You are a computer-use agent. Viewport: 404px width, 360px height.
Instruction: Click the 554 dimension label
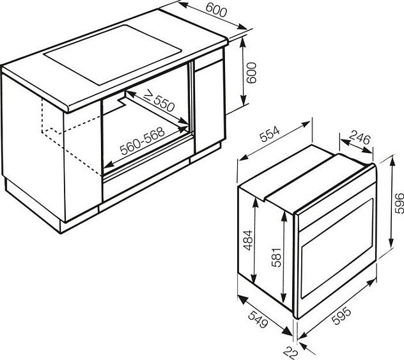[x=270, y=134]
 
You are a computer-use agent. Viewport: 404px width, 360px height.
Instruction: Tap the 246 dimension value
[x=361, y=138]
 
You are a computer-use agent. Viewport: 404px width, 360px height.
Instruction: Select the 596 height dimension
[x=399, y=203]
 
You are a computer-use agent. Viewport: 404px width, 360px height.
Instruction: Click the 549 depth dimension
[x=259, y=319]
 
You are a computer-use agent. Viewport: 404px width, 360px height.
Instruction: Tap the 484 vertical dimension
[x=248, y=240]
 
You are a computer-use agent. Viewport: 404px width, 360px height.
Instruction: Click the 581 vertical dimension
[x=276, y=257]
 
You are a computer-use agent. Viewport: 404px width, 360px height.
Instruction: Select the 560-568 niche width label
[x=142, y=141]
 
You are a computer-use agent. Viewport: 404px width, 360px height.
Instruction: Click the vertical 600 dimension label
[x=251, y=73]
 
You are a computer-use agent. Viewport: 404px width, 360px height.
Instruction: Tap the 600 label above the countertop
[x=217, y=11]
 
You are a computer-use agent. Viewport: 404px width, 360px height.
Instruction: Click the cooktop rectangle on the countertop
[x=113, y=54]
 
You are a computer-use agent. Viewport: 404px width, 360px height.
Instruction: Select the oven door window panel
[x=338, y=248]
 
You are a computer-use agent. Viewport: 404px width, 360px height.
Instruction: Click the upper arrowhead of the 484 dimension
[x=255, y=203]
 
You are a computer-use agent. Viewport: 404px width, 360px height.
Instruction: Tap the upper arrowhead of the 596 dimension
[x=392, y=161]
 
